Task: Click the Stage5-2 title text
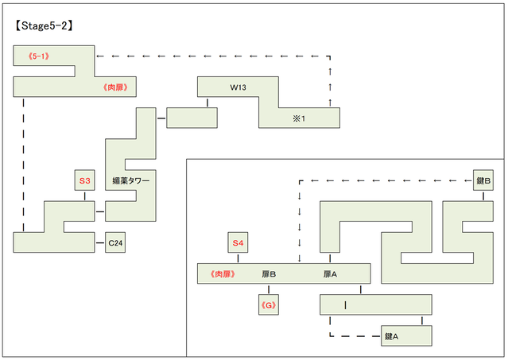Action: (x=45, y=25)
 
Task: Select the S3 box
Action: (x=85, y=181)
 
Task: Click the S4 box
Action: (x=237, y=242)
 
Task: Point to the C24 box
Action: (x=115, y=242)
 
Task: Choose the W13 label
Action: (x=238, y=87)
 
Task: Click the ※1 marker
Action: (x=298, y=118)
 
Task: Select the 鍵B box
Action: (x=483, y=181)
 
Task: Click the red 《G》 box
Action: (x=268, y=304)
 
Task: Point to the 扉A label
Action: (x=330, y=274)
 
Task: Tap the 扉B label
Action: (x=268, y=274)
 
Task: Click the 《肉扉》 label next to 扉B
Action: (x=223, y=274)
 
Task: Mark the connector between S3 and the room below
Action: (x=85, y=195)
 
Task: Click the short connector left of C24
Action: (x=100, y=242)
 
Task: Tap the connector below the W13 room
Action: (x=207, y=102)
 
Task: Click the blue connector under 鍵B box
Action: (x=483, y=195)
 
